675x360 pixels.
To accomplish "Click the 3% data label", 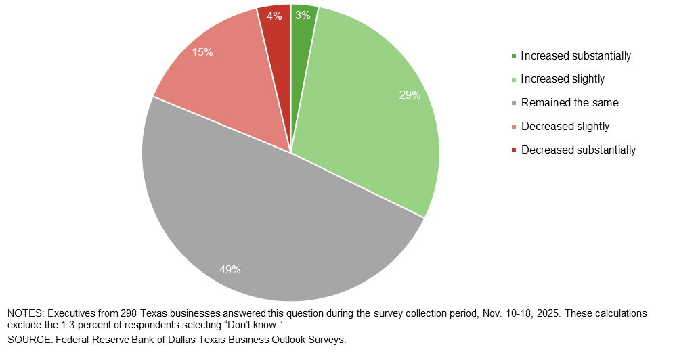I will (303, 14).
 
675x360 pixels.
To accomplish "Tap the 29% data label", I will (410, 95).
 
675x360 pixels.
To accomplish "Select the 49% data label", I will (230, 269).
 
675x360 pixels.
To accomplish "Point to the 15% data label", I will (202, 52).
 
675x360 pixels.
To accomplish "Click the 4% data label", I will (274, 16).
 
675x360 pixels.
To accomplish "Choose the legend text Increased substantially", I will (575, 55).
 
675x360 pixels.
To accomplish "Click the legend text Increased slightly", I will (563, 79).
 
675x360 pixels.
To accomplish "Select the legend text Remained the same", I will (569, 103).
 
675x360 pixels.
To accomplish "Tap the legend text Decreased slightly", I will (565, 127).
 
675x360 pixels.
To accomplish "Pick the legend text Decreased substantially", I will (578, 150).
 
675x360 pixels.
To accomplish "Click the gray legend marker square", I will (514, 104).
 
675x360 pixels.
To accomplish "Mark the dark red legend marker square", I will (514, 150).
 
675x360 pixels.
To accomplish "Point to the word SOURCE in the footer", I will (28, 340).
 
